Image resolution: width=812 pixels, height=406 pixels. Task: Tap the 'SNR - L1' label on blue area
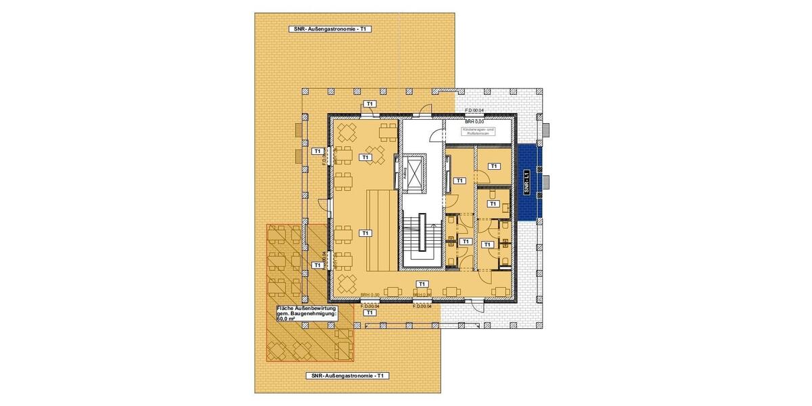[x=526, y=183]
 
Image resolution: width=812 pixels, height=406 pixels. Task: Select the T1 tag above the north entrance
[x=369, y=104]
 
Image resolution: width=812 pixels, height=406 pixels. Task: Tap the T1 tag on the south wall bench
[x=421, y=283]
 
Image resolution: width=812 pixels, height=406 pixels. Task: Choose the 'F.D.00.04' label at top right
[x=475, y=110]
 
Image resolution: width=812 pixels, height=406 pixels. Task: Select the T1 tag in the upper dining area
[x=365, y=157]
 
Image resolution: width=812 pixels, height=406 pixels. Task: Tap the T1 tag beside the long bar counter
[x=365, y=233]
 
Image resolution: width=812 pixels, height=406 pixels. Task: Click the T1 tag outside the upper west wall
[x=316, y=152]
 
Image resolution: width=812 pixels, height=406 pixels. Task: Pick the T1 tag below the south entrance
[x=369, y=313]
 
